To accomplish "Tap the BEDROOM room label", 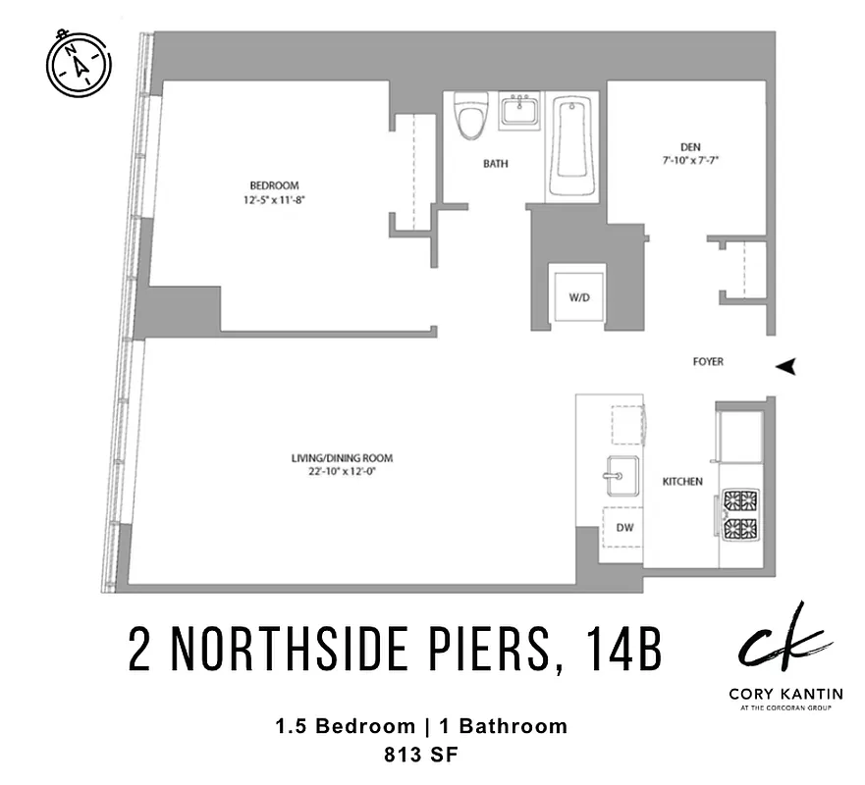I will pyautogui.click(x=274, y=185).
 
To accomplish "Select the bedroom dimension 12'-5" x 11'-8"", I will pyautogui.click(x=274, y=199).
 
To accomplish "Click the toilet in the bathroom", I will pyautogui.click(x=471, y=119).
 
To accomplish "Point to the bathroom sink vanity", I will pyautogui.click(x=520, y=110).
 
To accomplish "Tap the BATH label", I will pyautogui.click(x=495, y=164).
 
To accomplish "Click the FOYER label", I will pyautogui.click(x=708, y=362).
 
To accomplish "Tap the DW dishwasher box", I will pyautogui.click(x=623, y=527).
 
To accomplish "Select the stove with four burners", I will pyautogui.click(x=741, y=515).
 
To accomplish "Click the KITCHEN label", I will pyautogui.click(x=682, y=481).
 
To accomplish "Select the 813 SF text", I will pyautogui.click(x=420, y=755).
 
